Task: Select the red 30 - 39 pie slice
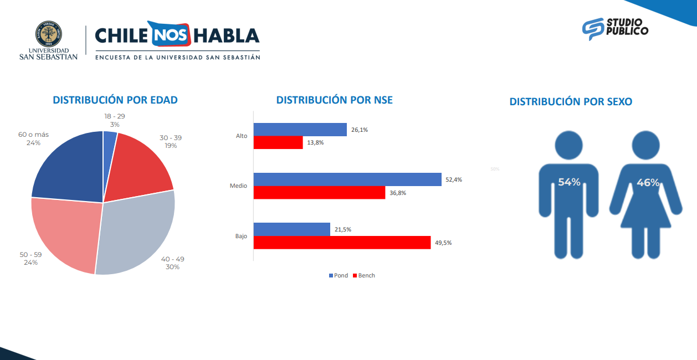(x=141, y=164)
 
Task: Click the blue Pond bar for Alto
(x=300, y=130)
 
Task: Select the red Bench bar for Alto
(x=278, y=142)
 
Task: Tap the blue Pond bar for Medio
(x=347, y=179)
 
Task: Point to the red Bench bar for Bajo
(x=342, y=243)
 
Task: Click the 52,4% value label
(x=453, y=179)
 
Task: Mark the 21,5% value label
(x=342, y=229)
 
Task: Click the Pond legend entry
(x=339, y=276)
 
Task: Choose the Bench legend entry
(x=363, y=276)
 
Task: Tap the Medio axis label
(x=238, y=186)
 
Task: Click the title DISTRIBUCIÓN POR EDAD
(x=115, y=100)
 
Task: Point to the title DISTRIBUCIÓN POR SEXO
(x=571, y=102)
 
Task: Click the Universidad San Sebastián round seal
(x=49, y=35)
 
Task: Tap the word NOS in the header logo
(x=169, y=36)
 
